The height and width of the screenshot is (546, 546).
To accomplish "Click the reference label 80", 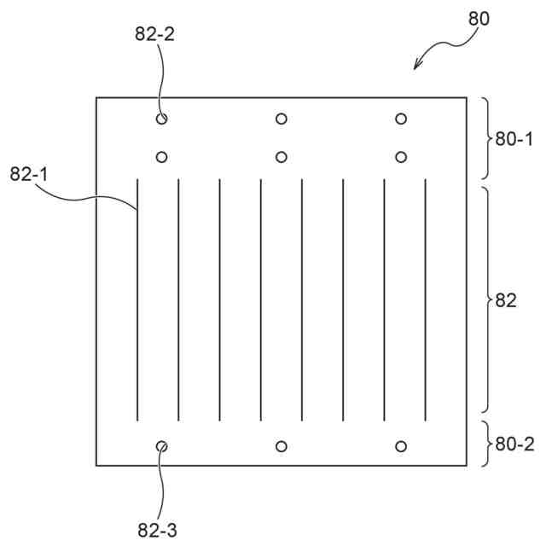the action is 479,19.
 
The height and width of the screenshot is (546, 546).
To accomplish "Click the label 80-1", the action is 514,138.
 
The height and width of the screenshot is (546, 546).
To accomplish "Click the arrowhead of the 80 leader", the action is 415,67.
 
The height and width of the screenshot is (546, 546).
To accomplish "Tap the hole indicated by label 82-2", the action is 162,119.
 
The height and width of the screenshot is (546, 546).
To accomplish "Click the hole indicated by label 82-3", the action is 162,446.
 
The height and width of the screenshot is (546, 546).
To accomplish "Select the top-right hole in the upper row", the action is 401,119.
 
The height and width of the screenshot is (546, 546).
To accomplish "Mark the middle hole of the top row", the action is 282,119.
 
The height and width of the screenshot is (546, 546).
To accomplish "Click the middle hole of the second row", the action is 282,156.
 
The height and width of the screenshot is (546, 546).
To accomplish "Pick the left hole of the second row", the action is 162,156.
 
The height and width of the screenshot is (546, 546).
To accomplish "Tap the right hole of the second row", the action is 401,156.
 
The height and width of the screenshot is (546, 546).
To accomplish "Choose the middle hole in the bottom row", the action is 282,446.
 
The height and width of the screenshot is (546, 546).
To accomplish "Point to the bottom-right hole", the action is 401,446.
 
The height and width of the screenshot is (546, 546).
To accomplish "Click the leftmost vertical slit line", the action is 137,299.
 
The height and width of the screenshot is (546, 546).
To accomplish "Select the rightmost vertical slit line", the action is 425,299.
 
